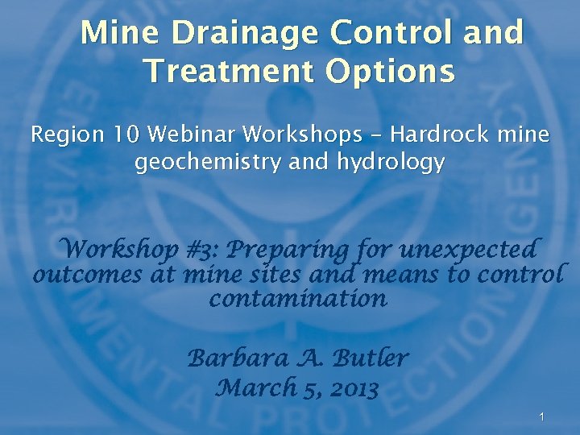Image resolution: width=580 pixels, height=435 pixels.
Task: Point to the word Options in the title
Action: point(390,72)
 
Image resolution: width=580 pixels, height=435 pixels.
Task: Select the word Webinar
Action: point(202,135)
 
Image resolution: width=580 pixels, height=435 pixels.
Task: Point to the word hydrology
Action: point(391,164)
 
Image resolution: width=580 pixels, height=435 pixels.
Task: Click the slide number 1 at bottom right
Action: point(542,416)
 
